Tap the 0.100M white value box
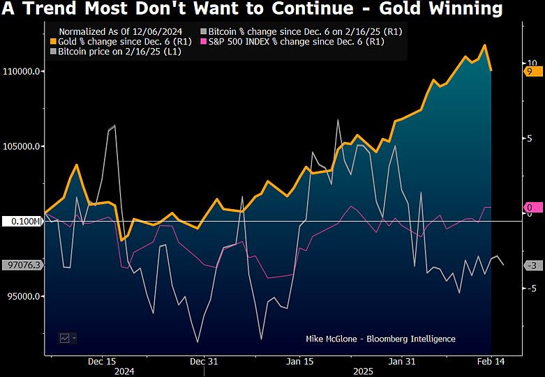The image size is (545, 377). pos(23,222)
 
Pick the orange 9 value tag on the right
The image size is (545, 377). pos(531,71)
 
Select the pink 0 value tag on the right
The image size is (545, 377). pos(531,208)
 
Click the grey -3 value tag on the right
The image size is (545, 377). pos(531,266)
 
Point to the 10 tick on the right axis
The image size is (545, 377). pos(530,63)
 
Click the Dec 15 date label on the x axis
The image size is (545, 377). pos(102,362)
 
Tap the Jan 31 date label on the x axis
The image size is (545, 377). pos(401,362)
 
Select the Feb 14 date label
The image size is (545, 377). pos(491,362)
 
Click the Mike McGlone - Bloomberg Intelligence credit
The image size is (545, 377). pos(380,339)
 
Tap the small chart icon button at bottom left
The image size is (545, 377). pos(67,338)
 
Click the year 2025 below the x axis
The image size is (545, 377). pos(364,371)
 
